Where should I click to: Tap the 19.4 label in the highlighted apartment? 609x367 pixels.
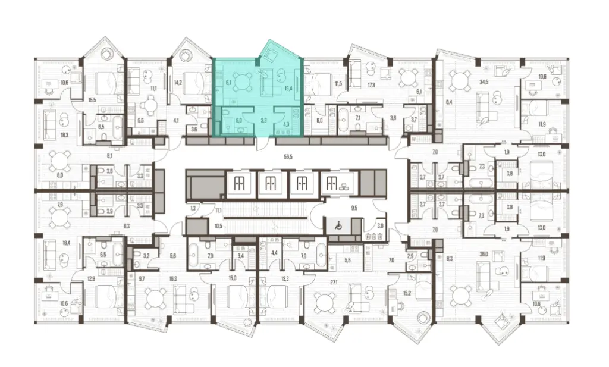tap(288, 89)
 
